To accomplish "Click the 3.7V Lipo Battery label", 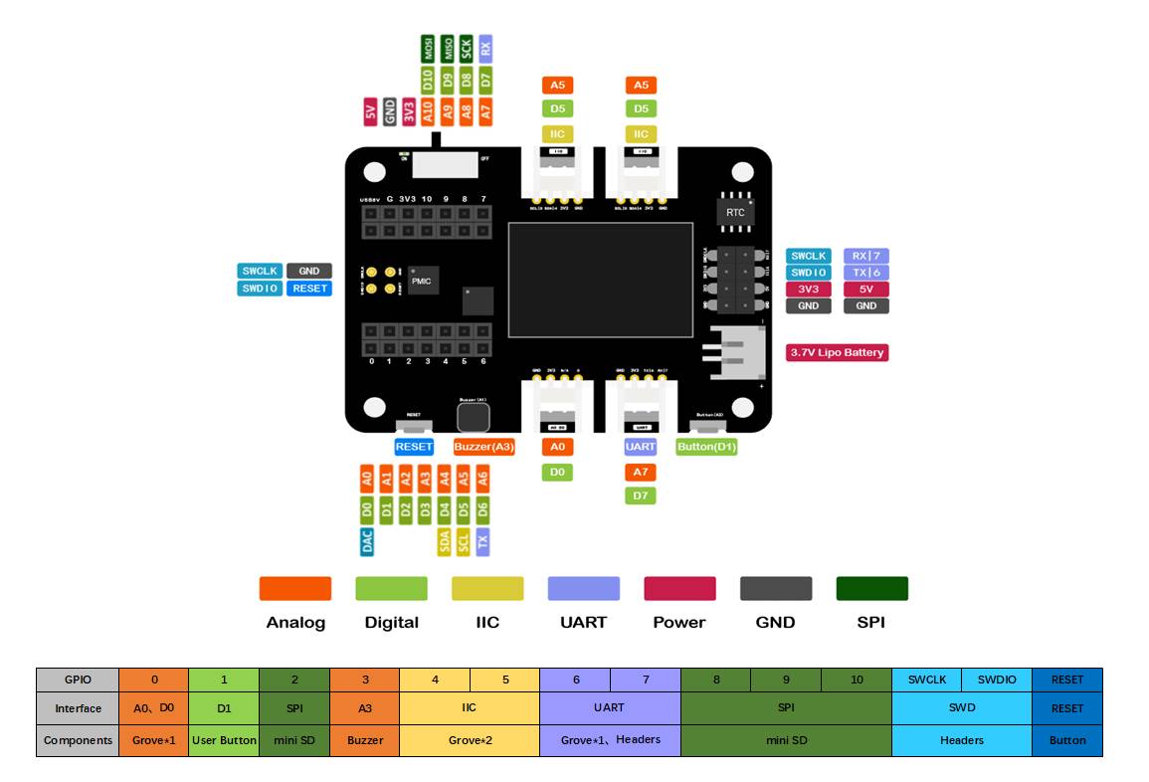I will click(837, 352).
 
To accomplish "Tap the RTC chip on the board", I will click(735, 212).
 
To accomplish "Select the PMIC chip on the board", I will click(421, 282).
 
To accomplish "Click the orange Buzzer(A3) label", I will click(483, 447).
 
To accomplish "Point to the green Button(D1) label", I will click(706, 447).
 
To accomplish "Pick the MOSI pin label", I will click(428, 48).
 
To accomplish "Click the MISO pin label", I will click(447, 48).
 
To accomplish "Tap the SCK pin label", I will click(466, 48).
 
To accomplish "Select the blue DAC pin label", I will click(367, 541).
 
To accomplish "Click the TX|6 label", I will click(865, 273).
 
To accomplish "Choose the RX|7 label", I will click(865, 256).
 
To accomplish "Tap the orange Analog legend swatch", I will click(295, 588).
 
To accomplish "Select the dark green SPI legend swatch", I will click(871, 588).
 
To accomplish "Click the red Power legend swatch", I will click(679, 588).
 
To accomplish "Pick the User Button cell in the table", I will click(224, 740).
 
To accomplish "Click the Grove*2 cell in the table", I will click(469, 740).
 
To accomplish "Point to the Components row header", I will click(78, 740).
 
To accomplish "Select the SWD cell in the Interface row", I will click(961, 708).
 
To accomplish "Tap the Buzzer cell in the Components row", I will click(364, 740).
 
